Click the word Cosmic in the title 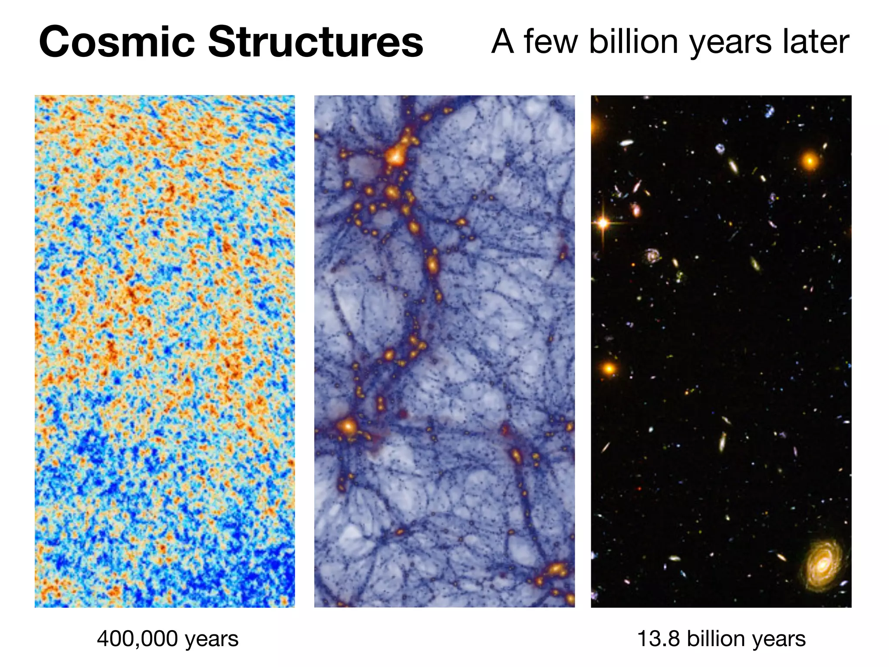[x=116, y=42]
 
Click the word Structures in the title [x=316, y=42]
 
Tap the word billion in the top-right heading [x=633, y=42]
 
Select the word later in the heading [x=816, y=42]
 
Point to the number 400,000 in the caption [x=137, y=639]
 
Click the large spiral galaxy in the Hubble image [x=822, y=566]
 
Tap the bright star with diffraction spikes [x=603, y=223]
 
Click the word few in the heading [x=551, y=42]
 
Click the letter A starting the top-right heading [x=503, y=42]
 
